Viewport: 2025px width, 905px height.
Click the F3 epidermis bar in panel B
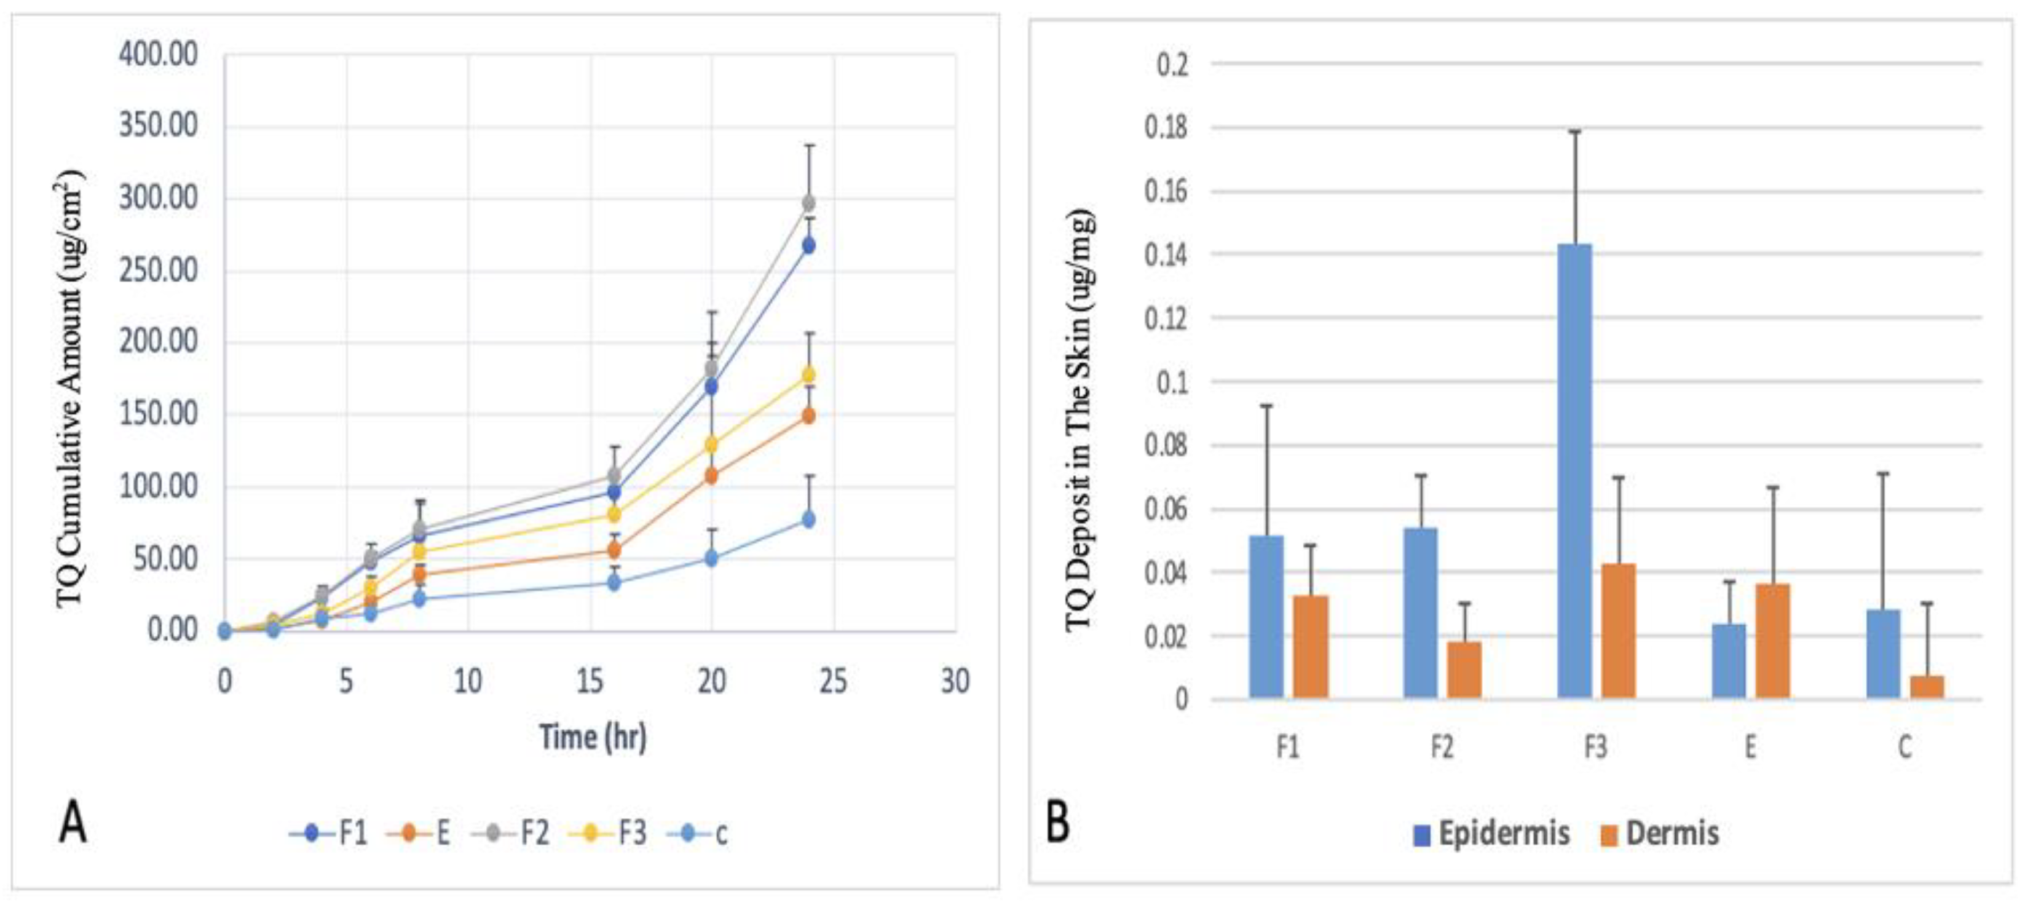pos(1574,472)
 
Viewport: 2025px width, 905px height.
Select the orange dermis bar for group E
pos(1773,641)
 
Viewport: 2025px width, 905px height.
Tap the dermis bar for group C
pos(1927,686)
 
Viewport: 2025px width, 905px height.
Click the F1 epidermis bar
pos(1266,617)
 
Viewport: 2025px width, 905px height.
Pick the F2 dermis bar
pos(1464,670)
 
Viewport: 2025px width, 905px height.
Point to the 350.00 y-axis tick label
pos(158,126)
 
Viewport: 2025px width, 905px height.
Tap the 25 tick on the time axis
pos(833,681)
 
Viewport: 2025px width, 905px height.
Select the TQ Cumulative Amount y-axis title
pos(69,389)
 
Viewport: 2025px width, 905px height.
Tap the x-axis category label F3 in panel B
pos(1596,747)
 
